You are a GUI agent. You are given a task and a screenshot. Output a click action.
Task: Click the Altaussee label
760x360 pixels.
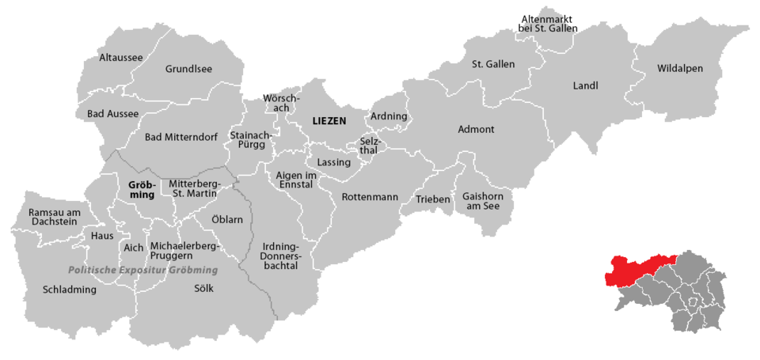121,57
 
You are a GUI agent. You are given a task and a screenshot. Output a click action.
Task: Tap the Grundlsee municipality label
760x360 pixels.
188,69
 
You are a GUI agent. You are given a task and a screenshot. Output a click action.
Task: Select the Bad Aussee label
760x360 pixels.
112,114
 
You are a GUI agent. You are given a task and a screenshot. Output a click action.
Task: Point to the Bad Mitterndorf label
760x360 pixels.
181,137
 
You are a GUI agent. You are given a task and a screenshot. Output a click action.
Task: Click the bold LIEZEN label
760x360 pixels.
330,121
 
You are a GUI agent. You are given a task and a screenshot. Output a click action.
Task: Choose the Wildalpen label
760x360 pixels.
679,69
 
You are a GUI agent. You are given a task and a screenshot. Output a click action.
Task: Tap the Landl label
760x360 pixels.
585,85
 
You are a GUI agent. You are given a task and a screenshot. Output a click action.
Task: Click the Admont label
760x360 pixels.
476,129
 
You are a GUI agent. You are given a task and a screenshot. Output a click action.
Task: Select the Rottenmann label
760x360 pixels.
370,196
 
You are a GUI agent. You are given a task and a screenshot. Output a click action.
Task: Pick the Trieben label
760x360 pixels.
433,199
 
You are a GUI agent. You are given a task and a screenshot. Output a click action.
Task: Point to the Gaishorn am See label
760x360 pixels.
482,201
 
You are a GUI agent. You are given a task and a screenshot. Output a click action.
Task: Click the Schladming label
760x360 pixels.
70,290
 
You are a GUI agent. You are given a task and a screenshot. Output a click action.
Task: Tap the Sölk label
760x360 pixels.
203,289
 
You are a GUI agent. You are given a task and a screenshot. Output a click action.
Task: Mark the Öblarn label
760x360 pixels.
227,218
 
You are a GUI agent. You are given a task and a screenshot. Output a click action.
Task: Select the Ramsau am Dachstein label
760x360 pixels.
53,218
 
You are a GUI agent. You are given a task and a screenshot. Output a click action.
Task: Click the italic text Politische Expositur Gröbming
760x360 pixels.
142,270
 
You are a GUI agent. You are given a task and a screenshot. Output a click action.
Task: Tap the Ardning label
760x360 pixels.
389,116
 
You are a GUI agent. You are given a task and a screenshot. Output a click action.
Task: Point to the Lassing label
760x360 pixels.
333,162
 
